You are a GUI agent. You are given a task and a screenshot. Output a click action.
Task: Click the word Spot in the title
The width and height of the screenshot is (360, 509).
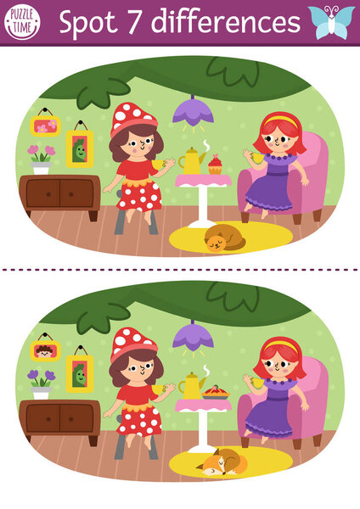click(86, 22)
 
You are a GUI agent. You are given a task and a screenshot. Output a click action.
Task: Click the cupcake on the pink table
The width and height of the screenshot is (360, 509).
click(214, 164)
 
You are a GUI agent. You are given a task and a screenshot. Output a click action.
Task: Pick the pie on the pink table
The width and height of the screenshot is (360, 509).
click(214, 393)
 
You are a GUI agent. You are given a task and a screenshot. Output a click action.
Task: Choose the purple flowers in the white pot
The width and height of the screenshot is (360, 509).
click(40, 378)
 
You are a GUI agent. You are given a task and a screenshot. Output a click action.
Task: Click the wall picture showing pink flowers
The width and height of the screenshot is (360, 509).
click(44, 126)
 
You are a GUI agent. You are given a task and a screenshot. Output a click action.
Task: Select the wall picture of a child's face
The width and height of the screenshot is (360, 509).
click(44, 349)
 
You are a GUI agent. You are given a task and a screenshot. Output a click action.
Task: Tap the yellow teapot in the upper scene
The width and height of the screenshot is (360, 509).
click(190, 159)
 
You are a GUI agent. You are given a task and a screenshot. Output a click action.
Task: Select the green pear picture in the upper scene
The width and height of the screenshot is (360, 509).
click(80, 149)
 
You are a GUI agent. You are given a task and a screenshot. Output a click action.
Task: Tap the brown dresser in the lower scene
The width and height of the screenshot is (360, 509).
click(59, 420)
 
